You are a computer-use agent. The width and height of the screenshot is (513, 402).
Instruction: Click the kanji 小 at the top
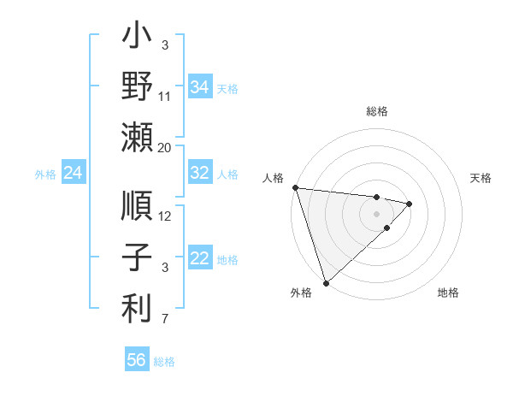137,38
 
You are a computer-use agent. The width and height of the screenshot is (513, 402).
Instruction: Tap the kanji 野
137,86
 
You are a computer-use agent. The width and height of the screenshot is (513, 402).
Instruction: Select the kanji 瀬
137,137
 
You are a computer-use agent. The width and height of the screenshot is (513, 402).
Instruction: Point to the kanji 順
137,208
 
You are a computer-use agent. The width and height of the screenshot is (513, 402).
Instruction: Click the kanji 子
137,258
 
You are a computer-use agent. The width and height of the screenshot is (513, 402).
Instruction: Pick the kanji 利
137,308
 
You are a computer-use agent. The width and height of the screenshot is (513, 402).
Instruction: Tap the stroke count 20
165,148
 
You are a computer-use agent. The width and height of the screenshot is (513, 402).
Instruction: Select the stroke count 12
165,216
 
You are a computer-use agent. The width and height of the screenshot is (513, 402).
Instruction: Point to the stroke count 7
165,320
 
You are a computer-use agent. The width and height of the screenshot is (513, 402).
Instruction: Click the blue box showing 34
199,86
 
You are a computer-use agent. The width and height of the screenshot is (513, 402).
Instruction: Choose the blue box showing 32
199,173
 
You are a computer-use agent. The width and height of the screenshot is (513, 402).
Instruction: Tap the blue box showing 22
199,259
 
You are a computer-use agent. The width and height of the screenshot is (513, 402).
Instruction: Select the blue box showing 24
74,174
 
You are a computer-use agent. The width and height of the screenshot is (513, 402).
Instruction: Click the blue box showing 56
136,360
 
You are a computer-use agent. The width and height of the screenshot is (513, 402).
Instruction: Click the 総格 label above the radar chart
376,111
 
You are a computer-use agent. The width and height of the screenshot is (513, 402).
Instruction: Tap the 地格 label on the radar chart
448,293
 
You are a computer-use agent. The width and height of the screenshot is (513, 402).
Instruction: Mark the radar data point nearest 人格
295,187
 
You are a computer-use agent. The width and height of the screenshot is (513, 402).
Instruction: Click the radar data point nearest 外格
326,282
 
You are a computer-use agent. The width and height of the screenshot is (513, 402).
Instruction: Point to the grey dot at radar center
376,213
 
